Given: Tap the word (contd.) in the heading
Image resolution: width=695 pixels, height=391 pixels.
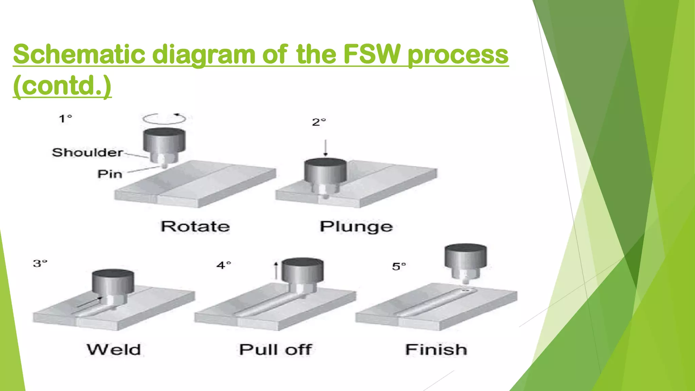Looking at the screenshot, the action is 62,86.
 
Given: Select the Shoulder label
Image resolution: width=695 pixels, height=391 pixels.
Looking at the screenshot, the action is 87,152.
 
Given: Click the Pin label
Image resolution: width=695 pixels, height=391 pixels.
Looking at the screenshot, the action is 110,174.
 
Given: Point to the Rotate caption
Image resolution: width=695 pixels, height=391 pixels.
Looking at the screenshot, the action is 195,226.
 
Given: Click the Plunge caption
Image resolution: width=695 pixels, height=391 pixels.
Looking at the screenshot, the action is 356,226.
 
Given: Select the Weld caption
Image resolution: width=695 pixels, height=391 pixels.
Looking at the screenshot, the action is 114,350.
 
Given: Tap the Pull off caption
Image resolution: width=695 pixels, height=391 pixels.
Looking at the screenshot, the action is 275,350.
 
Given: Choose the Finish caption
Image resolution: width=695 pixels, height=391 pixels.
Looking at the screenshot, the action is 436,350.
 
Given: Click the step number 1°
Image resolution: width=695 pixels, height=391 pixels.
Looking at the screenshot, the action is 65,119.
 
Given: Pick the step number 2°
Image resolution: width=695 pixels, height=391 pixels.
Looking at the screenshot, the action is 319,122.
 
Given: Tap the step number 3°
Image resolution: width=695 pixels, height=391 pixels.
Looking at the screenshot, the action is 40,263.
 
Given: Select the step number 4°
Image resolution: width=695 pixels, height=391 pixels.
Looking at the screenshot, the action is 224,265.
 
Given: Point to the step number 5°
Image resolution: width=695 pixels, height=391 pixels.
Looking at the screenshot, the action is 399,266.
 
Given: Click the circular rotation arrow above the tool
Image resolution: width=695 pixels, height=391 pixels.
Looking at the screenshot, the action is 164,118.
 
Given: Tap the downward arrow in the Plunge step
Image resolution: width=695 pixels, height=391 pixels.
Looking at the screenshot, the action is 325,148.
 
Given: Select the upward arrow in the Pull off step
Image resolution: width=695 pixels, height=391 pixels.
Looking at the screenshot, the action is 276,271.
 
